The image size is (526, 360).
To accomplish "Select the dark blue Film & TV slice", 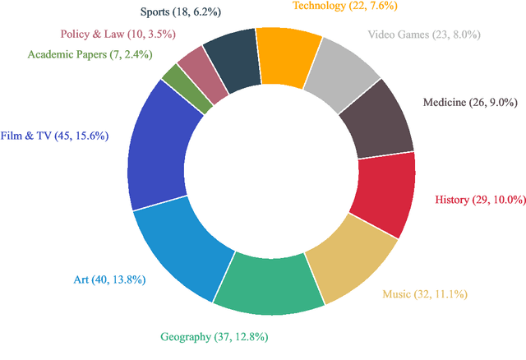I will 161,149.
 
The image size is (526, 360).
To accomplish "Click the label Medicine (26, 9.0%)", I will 470,102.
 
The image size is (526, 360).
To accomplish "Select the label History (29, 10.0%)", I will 477,200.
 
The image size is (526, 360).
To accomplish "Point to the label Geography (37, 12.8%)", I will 214,337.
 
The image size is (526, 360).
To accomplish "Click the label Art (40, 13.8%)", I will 109,279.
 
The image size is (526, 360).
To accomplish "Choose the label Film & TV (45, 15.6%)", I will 55,136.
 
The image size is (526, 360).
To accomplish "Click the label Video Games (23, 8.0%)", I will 424,35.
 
